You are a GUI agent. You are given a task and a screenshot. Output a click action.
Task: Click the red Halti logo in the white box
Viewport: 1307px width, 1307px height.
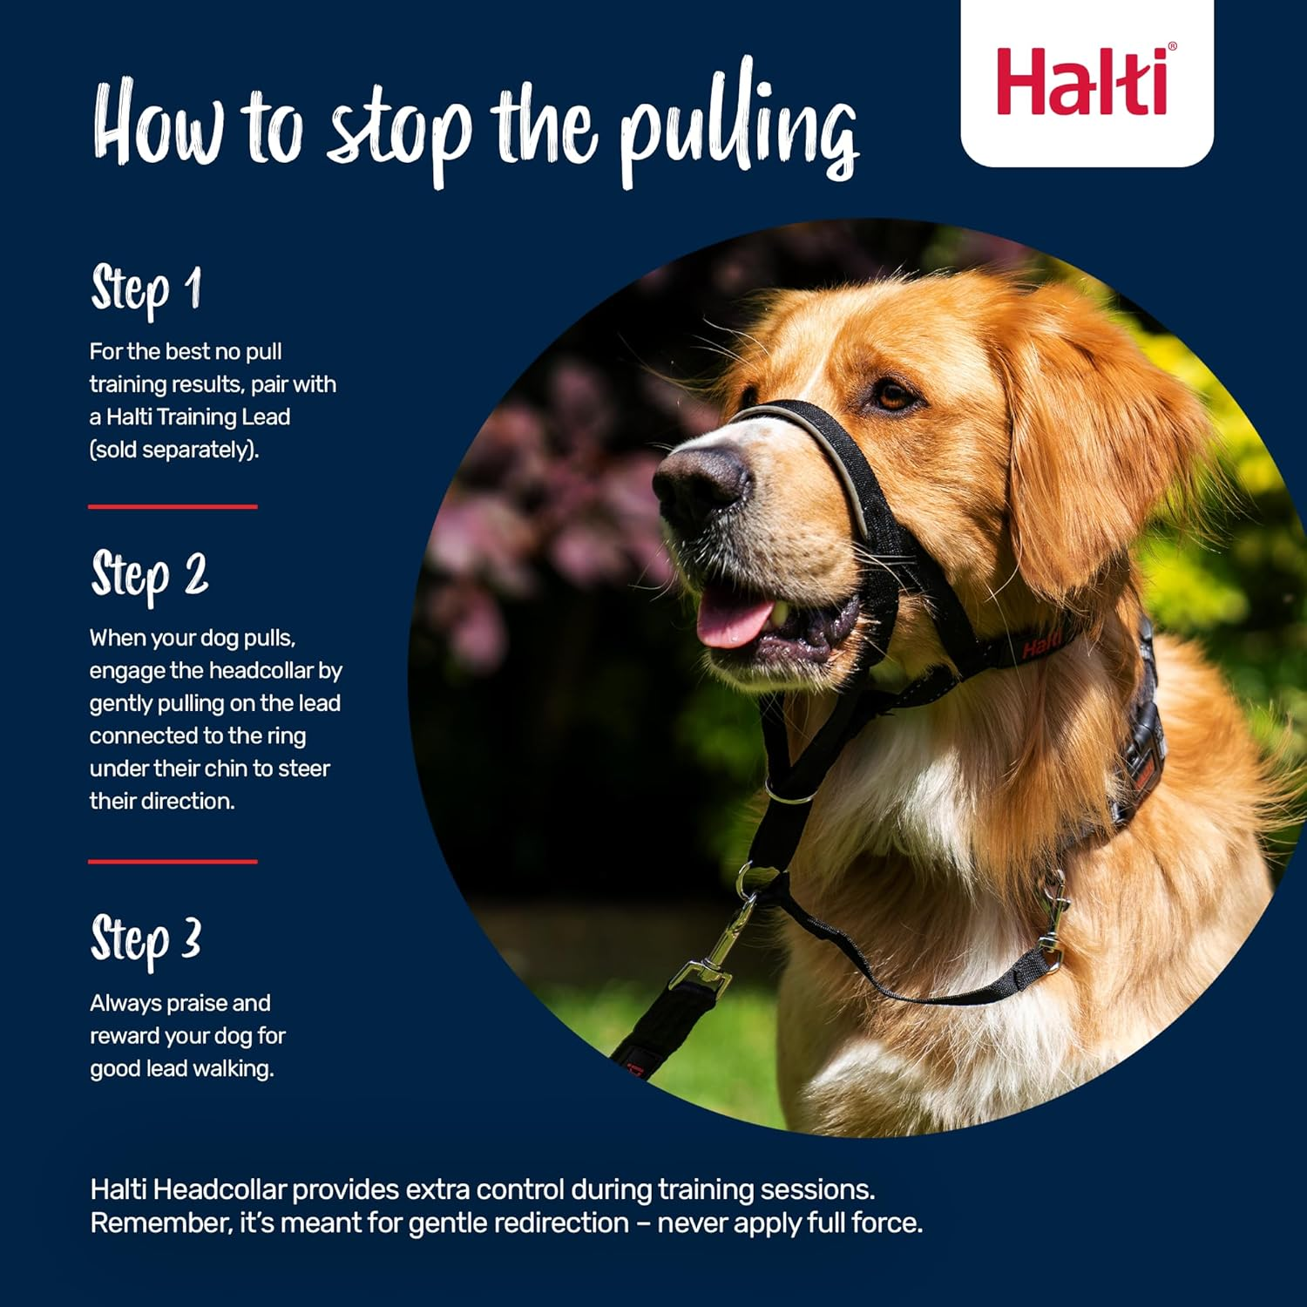click(1084, 83)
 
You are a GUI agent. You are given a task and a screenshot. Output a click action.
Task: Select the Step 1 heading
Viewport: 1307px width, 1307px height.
click(146, 289)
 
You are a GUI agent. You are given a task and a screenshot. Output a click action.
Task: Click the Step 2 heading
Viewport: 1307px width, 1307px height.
click(150, 575)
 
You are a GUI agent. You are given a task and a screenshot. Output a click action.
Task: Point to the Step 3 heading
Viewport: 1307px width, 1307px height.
click(146, 940)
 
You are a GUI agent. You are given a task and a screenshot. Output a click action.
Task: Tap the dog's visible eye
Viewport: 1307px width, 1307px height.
click(894, 397)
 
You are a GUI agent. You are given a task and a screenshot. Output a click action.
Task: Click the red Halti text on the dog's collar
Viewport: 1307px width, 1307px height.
click(1042, 646)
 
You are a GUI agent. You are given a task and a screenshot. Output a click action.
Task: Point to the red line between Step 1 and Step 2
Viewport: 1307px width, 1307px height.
click(173, 506)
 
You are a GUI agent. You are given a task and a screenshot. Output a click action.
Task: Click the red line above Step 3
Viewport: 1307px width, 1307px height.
click(173, 862)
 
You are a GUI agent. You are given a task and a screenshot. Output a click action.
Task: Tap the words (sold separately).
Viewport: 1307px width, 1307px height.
click(174, 450)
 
